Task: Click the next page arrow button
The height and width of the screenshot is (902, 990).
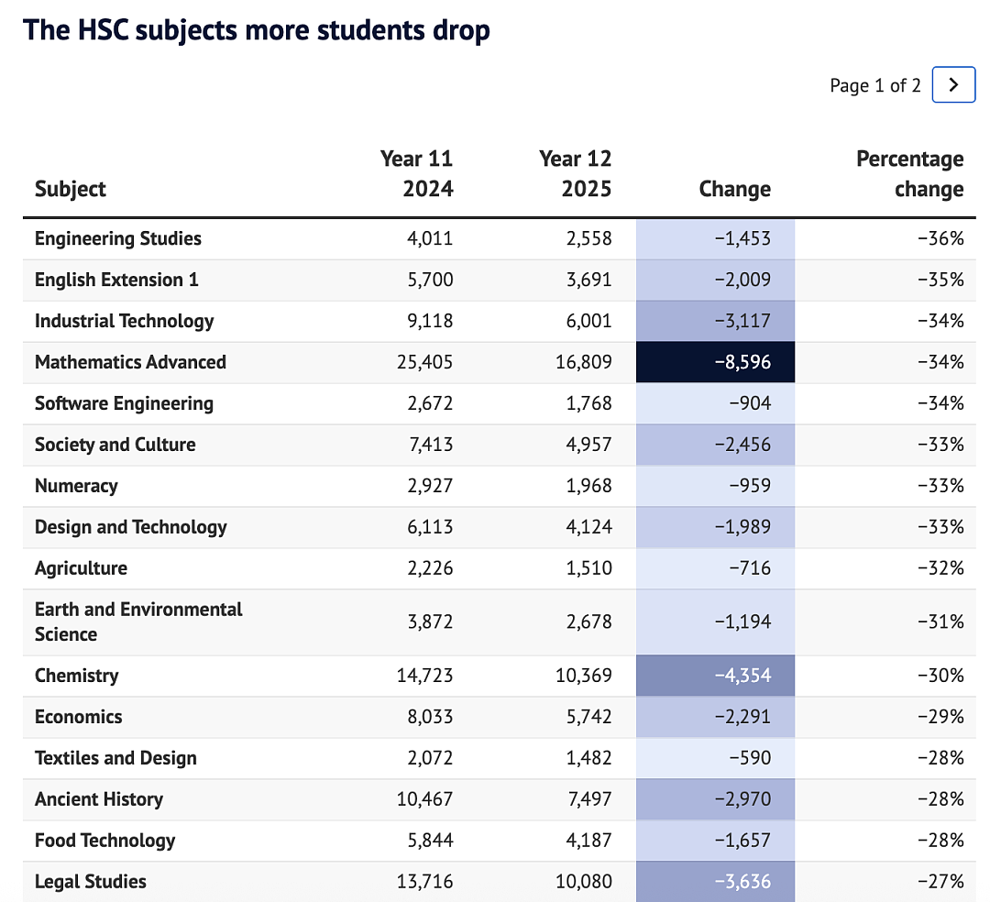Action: pyautogui.click(x=953, y=84)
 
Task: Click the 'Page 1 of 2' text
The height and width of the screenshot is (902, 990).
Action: pyautogui.click(x=875, y=85)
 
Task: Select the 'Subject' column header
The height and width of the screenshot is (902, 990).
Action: pyautogui.click(x=70, y=189)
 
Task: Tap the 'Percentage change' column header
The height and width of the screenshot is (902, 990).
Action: pyautogui.click(x=910, y=173)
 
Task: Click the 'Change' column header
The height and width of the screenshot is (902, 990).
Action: pyautogui.click(x=735, y=189)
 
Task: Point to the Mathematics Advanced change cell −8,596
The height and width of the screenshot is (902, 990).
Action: pyautogui.click(x=715, y=362)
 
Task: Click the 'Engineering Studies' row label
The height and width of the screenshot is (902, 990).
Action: pyautogui.click(x=118, y=238)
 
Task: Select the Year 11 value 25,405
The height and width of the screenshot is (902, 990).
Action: pyautogui.click(x=425, y=362)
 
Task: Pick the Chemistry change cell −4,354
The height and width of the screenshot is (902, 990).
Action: pyautogui.click(x=715, y=676)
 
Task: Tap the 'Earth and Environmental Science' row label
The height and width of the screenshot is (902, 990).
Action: pyautogui.click(x=138, y=621)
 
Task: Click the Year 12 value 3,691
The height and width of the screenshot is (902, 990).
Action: pyautogui.click(x=589, y=280)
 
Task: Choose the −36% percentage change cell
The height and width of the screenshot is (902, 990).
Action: pyautogui.click(x=940, y=238)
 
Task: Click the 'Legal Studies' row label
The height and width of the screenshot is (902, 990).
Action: pyautogui.click(x=90, y=881)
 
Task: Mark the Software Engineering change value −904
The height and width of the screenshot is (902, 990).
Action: pyautogui.click(x=750, y=403)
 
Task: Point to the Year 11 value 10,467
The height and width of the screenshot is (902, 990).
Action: pyautogui.click(x=425, y=799)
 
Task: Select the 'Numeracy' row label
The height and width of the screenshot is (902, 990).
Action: pyautogui.click(x=76, y=486)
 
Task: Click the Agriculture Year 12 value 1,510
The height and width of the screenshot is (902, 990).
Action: pyautogui.click(x=589, y=568)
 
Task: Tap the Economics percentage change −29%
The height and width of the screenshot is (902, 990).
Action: pyautogui.click(x=940, y=717)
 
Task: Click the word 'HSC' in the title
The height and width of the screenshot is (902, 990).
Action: pyautogui.click(x=102, y=30)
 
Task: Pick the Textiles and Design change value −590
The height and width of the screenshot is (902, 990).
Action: pyautogui.click(x=750, y=758)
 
